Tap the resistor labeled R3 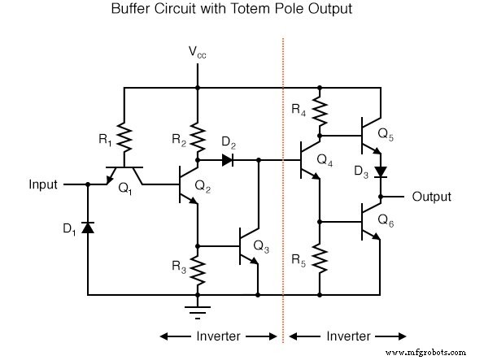coord(198,267)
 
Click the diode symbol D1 coord(87,227)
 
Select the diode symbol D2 coord(227,161)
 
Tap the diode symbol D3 coord(380,172)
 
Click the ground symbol coord(198,307)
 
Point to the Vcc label coord(198,52)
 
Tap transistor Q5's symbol coord(372,135)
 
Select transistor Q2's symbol coord(188,186)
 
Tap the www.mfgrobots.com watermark coord(430,353)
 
